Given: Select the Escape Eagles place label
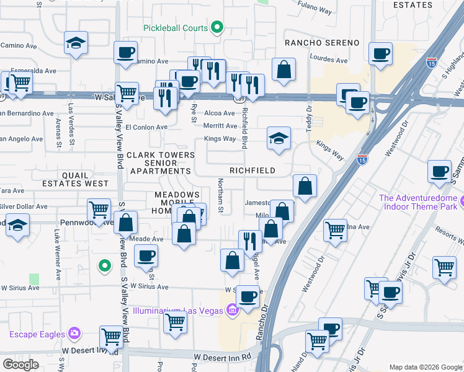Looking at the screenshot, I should click(37, 334).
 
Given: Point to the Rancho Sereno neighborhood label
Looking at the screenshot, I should click(322, 42).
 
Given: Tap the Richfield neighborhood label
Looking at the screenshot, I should click(252, 170).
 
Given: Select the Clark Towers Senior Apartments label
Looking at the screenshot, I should click(158, 162).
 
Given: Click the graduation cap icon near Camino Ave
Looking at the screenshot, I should click(76, 43).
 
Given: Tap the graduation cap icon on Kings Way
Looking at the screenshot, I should click(279, 138).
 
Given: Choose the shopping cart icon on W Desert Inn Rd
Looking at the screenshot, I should click(110, 337).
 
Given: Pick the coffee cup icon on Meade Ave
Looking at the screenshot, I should click(146, 255).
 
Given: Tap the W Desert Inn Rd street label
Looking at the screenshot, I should click(222, 357).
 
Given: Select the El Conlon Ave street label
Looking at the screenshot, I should click(146, 127).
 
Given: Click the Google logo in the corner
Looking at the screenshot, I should click(21, 365).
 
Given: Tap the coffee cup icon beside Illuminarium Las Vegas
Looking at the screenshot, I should click(248, 298).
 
